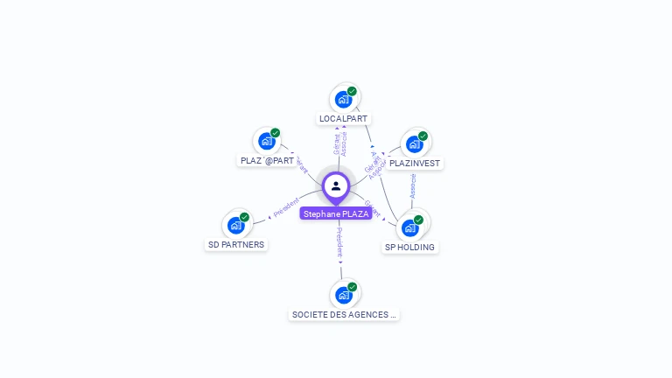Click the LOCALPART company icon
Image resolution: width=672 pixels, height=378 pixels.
click(x=343, y=99)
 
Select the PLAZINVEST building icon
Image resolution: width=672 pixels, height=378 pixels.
click(x=414, y=143)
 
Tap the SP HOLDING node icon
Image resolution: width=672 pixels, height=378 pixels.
click(x=409, y=227)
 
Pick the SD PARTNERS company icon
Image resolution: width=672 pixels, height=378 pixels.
click(x=235, y=225)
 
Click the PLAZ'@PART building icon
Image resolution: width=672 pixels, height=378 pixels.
click(x=266, y=141)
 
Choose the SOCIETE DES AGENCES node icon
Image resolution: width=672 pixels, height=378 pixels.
click(x=343, y=295)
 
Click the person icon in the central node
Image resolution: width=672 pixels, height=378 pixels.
click(x=336, y=185)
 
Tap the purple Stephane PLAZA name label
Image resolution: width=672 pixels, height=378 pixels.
click(x=336, y=213)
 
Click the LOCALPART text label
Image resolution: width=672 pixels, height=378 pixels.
click(x=343, y=118)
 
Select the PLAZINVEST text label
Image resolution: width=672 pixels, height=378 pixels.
click(x=415, y=163)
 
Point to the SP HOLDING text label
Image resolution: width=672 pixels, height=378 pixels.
click(x=409, y=247)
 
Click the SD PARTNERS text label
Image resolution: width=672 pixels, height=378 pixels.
click(x=235, y=244)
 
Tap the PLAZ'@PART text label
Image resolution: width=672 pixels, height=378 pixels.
click(x=267, y=160)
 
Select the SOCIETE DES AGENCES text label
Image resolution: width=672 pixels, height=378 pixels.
click(x=344, y=314)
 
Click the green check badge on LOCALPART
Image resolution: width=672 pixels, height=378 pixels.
click(x=352, y=91)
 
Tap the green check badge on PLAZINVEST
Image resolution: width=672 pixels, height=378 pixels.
click(x=423, y=136)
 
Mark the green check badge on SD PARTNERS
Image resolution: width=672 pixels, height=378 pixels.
click(x=244, y=217)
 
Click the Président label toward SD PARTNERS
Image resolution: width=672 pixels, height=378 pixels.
click(x=286, y=207)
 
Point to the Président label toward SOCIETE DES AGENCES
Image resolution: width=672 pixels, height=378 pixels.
click(x=339, y=244)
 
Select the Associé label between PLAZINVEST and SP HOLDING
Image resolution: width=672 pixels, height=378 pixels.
click(x=413, y=185)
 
